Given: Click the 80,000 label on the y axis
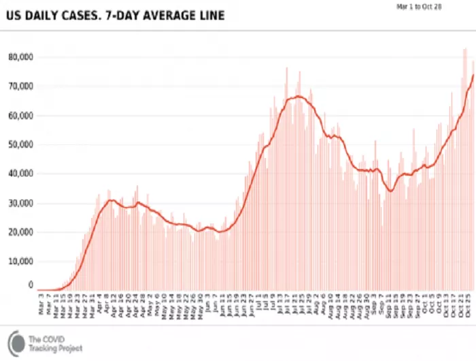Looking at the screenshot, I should pos(20,57).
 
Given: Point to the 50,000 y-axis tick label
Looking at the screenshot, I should pos(20,145).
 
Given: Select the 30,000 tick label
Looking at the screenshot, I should pos(20,204).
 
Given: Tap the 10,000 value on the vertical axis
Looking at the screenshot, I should pos(20,262).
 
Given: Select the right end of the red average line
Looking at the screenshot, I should pos(473,74).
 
